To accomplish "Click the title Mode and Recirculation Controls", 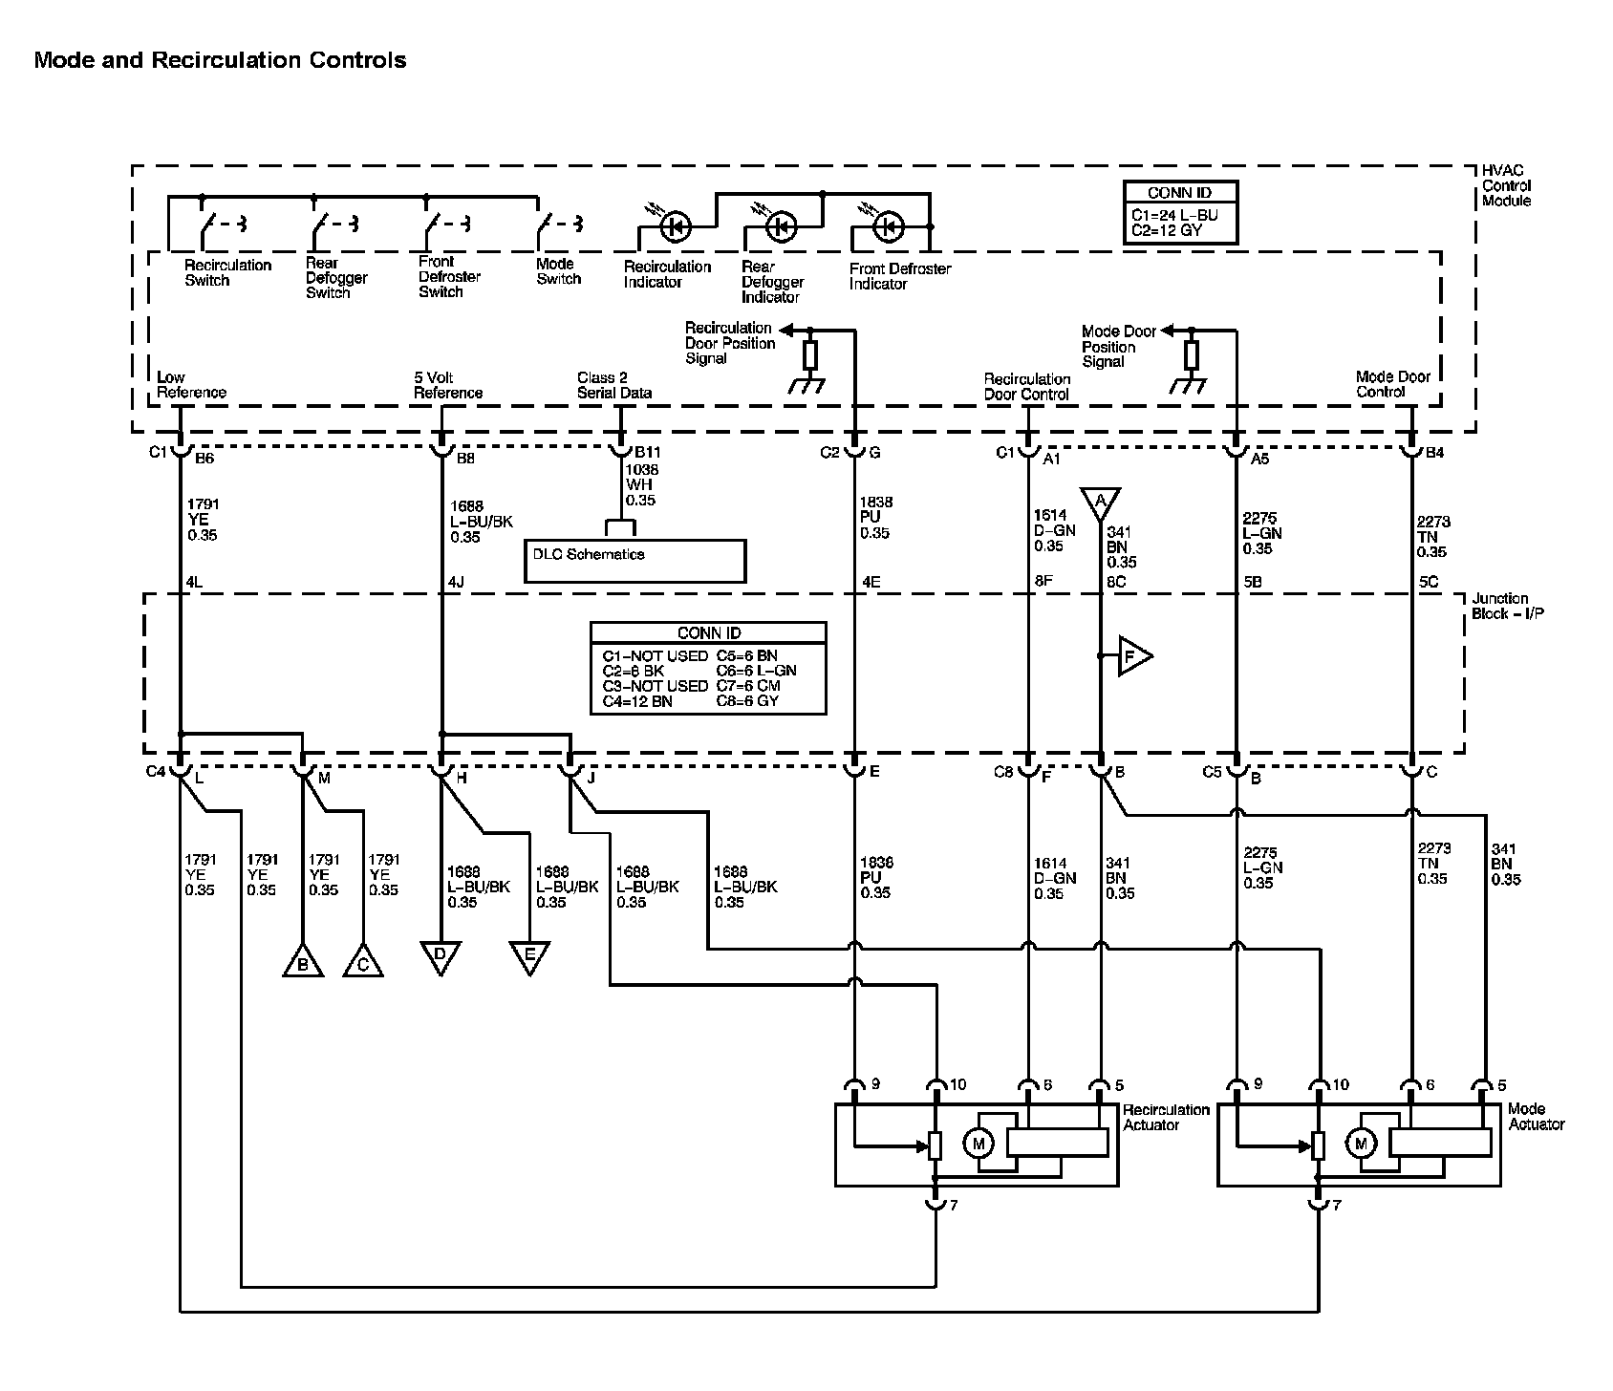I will point(220,60).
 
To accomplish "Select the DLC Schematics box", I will point(634,561).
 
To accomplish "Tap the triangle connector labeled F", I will point(1133,656).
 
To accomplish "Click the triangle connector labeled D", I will point(441,956).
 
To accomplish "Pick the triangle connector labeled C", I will point(363,961).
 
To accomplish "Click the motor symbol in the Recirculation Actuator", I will point(978,1143).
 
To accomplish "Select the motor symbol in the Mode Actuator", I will point(1361,1143).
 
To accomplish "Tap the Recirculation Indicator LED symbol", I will point(677,227).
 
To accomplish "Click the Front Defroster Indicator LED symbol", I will point(889,227).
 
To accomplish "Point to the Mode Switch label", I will point(558,271).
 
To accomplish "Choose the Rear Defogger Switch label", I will point(336,278).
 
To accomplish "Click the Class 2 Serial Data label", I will point(614,385).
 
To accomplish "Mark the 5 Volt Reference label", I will point(447,385).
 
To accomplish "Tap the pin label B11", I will point(648,453).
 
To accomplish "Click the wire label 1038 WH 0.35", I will point(641,484).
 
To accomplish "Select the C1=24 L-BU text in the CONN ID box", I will point(1174,215).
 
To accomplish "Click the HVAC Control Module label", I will point(1506,185).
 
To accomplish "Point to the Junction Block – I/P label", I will point(1507,606).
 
